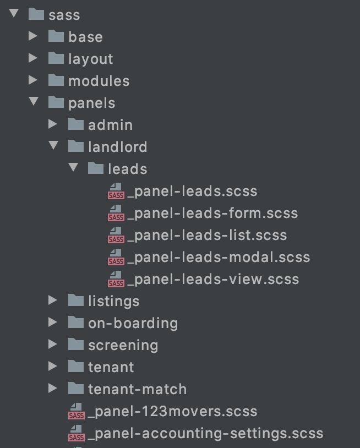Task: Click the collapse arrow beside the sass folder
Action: coord(14,14)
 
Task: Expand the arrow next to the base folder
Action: coord(33,36)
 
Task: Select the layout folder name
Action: coord(90,59)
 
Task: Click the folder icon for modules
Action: coord(56,80)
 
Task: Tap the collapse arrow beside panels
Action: coord(34,102)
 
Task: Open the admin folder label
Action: coord(110,125)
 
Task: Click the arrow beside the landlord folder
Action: coord(53,146)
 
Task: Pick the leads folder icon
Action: coord(95,168)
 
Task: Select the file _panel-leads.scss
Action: coord(192,191)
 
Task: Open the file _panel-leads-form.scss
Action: coord(212,213)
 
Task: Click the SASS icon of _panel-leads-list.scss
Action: coord(116,236)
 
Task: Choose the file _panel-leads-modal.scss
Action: coord(219,257)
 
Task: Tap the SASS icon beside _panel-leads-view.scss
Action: coord(116,280)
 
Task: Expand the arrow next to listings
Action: coord(53,301)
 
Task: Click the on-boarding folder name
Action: coord(133,323)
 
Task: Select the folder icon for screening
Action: coord(75,345)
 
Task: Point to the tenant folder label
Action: coord(111,367)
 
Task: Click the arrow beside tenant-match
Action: coord(53,389)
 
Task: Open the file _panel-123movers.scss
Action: coord(172,411)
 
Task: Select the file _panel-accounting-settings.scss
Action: coord(205,433)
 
